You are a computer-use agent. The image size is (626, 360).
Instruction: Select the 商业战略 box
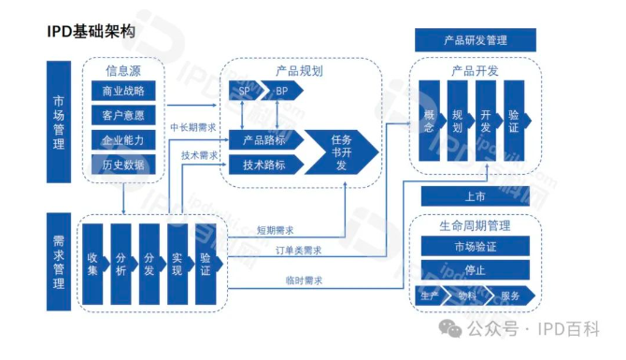tap(122, 92)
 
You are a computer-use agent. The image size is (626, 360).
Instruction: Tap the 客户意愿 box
tap(122, 116)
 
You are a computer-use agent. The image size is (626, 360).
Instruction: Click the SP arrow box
tap(245, 92)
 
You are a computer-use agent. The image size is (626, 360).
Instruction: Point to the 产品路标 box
tap(265, 140)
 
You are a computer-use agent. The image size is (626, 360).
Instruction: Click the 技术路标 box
tap(265, 165)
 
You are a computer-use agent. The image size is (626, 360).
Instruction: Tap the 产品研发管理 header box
tap(475, 40)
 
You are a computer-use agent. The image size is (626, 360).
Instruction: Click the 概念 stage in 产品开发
tap(430, 121)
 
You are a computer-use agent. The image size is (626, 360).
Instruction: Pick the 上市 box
tap(475, 196)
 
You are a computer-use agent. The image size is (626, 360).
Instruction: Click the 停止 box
tap(475, 271)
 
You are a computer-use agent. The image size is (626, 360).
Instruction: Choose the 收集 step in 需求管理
tap(92, 264)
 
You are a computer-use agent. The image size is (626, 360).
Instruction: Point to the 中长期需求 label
tap(192, 126)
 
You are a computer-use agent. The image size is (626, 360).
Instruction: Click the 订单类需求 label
tap(298, 251)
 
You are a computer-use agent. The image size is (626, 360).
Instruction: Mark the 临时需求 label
tap(304, 279)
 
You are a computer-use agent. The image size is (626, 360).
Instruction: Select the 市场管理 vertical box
tap(59, 122)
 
